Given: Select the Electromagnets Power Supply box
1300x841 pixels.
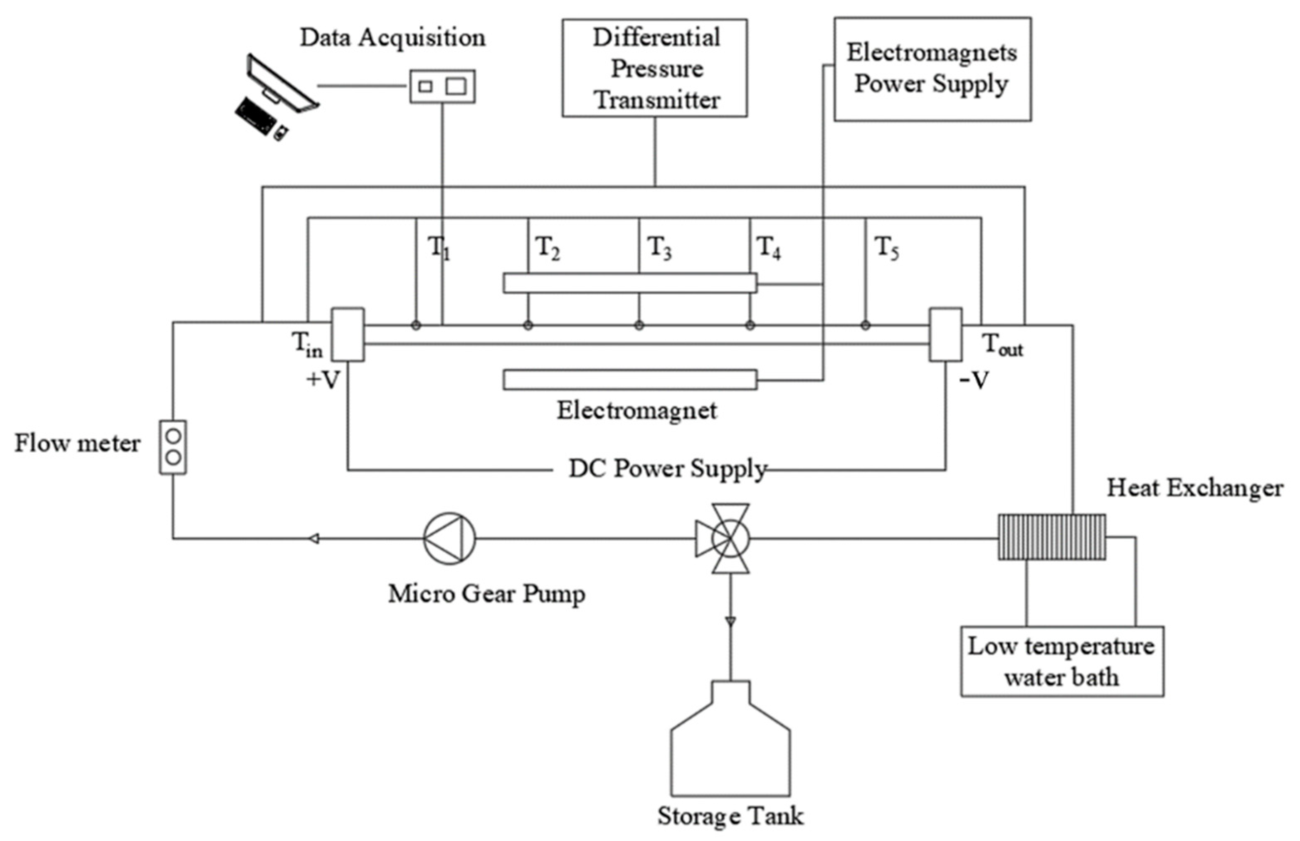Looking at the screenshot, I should tap(932, 69).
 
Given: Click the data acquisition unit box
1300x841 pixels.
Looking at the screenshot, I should tap(442, 86).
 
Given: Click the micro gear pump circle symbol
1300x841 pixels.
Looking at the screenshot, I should tap(450, 538).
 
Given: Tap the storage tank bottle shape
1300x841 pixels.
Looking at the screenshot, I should tap(730, 754).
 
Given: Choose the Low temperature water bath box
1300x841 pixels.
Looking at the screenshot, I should tap(1061, 661).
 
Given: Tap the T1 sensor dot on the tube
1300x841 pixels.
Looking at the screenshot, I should tap(416, 326).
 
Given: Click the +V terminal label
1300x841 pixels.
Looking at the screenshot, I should tap(323, 380).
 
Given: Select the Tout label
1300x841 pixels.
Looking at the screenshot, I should tap(1002, 345).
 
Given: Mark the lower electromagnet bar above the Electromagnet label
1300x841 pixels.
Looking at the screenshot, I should tap(629, 380).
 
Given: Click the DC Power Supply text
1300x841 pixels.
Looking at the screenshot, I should tap(667, 469).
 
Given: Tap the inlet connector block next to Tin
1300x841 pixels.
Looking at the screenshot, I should tap(348, 334).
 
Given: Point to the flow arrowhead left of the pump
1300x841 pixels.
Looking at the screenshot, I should tap(314, 539).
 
